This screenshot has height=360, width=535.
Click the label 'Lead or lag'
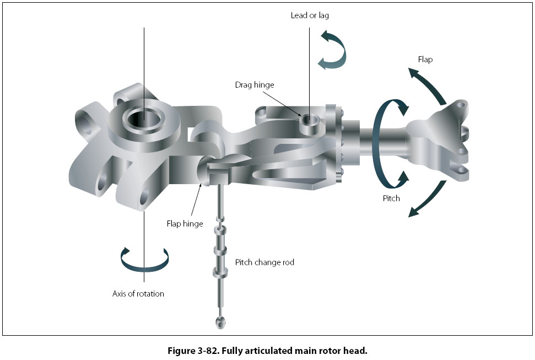(x=310, y=15)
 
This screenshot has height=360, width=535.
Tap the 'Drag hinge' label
(x=254, y=85)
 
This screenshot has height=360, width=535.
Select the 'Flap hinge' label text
(x=185, y=224)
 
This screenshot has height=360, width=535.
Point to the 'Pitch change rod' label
(x=264, y=262)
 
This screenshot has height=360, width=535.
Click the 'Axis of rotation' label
(x=138, y=294)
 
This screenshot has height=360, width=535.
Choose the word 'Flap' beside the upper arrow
(x=425, y=60)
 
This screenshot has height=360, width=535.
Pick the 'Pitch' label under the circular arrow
(x=391, y=198)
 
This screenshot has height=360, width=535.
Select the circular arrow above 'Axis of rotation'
(x=144, y=260)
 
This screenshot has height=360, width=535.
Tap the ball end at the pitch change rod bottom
(x=219, y=321)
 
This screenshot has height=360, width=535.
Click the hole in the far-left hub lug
(x=85, y=119)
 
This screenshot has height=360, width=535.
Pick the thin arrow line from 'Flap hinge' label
(x=196, y=201)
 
